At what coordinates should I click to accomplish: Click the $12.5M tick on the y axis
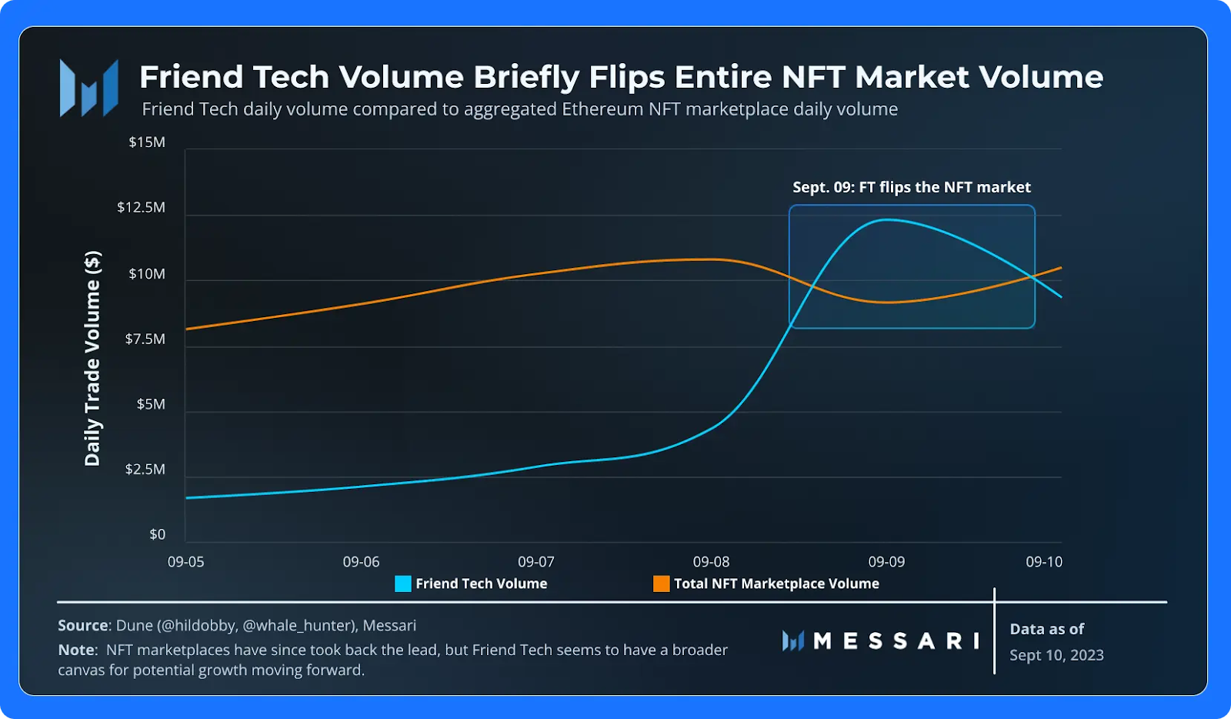pyautogui.click(x=141, y=207)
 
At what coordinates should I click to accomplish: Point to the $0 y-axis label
pyautogui.click(x=157, y=534)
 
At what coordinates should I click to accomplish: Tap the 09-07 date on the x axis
pyautogui.click(x=535, y=562)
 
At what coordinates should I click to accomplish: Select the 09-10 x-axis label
pyautogui.click(x=1043, y=562)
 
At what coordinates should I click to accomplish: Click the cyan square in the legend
pyautogui.click(x=403, y=584)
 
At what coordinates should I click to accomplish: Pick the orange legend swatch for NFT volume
pyautogui.click(x=661, y=584)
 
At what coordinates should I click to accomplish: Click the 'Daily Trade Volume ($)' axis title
pyautogui.click(x=92, y=358)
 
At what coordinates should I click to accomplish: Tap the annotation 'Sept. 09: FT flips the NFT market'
pyautogui.click(x=912, y=187)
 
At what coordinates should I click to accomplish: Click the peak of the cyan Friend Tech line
pyautogui.click(x=887, y=220)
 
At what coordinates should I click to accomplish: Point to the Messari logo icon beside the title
pyautogui.click(x=89, y=89)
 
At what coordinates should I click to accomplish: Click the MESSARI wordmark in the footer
pyautogui.click(x=896, y=640)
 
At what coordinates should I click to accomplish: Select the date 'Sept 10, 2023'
pyautogui.click(x=1056, y=655)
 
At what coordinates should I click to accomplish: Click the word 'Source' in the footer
pyautogui.click(x=82, y=625)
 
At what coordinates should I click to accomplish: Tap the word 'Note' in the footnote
pyautogui.click(x=76, y=650)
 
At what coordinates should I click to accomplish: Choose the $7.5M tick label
pyautogui.click(x=145, y=339)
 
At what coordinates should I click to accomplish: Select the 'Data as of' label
pyautogui.click(x=1046, y=629)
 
